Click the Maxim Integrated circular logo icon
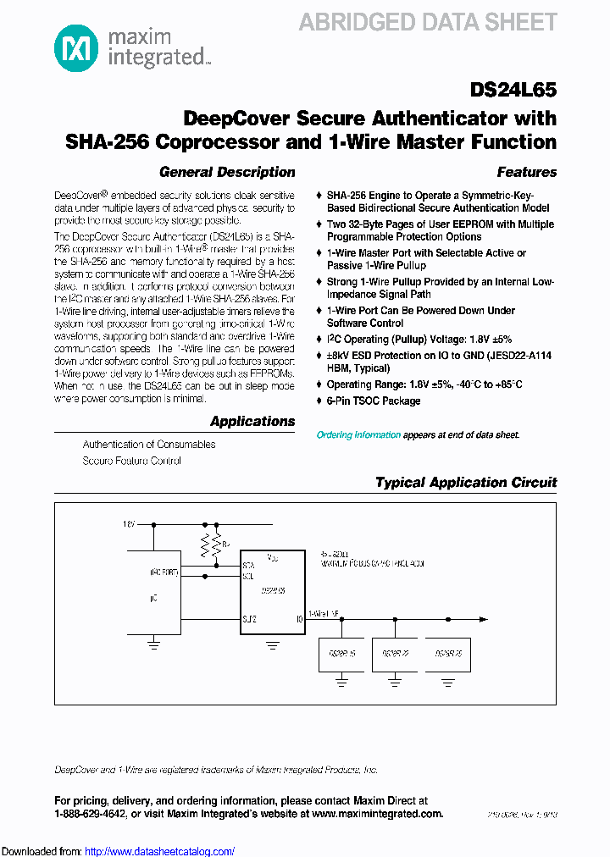pos(75,47)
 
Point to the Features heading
pos(526,172)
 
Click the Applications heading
pos(252,421)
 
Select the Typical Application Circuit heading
pos(466,483)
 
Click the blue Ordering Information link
pos(358,434)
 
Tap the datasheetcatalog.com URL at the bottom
pos(160,851)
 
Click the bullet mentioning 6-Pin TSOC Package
pos(373,401)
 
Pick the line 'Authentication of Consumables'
pos(149,445)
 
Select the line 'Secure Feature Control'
pos(131,461)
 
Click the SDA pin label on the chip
pos(248,564)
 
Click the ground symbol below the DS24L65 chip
pos(272,645)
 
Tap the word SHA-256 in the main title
pos(108,141)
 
